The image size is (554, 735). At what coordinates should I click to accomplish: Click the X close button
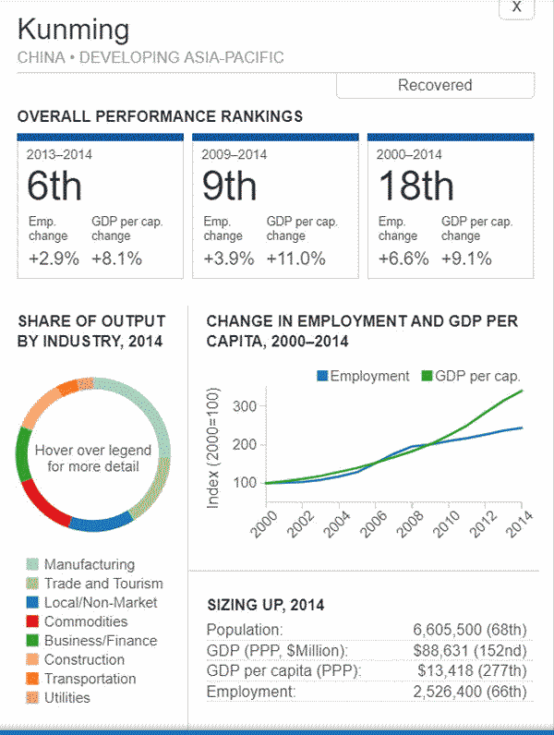coord(516,7)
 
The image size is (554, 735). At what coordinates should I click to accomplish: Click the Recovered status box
coord(435,85)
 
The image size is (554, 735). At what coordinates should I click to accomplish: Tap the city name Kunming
coord(74,29)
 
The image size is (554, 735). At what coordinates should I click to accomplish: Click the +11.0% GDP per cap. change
coord(296,259)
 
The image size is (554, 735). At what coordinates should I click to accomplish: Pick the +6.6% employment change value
coord(403,259)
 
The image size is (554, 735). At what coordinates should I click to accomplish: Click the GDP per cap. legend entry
coord(470,376)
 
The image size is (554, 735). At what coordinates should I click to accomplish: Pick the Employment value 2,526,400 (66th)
coord(470,692)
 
